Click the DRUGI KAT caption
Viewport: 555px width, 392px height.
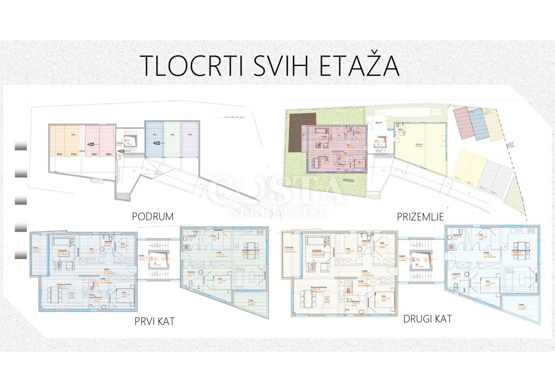427,318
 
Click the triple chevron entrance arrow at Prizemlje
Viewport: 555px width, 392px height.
510,146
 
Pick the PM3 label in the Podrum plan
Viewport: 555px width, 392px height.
94,154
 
